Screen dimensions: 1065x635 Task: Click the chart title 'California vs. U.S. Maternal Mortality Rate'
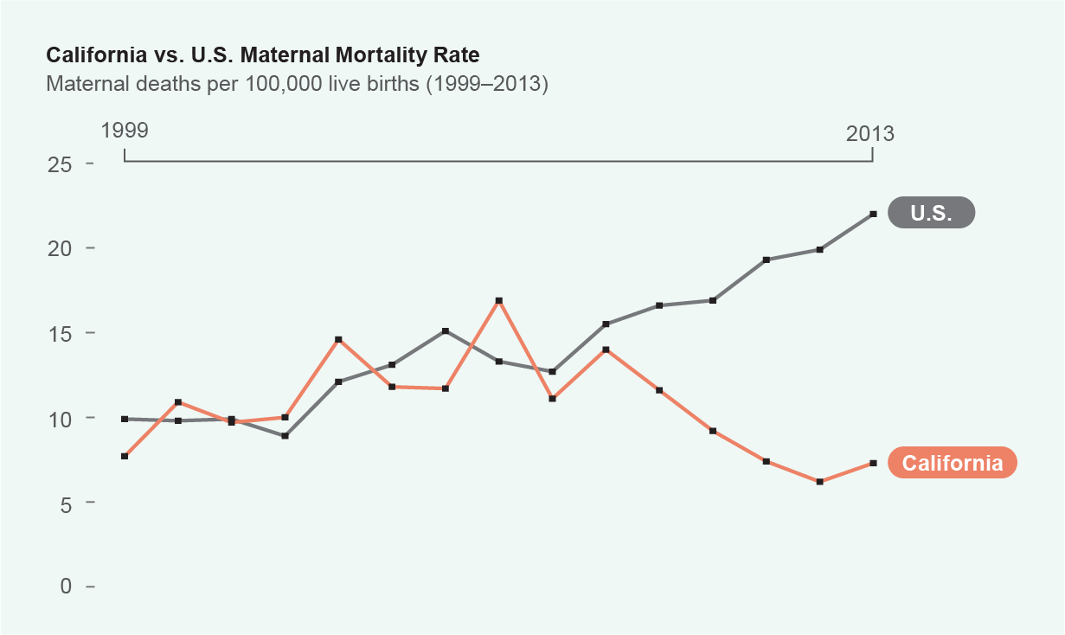tap(262, 55)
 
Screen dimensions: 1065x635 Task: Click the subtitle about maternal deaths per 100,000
tap(297, 84)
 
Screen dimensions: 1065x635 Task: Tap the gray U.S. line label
tap(932, 213)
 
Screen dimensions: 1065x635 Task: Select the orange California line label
tap(953, 463)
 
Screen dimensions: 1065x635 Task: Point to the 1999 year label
tap(125, 131)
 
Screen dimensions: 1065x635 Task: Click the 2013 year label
tap(870, 133)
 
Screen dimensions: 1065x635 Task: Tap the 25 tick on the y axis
tap(60, 165)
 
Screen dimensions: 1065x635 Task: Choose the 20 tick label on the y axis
tap(60, 248)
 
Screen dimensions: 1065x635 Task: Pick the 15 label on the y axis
tap(60, 334)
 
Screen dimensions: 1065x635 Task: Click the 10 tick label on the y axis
tap(60, 420)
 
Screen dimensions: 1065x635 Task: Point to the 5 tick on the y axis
tap(66, 504)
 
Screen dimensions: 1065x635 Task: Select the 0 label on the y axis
tap(66, 586)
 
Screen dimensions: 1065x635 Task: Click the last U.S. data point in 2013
tap(874, 215)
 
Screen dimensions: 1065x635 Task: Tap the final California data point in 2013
tap(874, 464)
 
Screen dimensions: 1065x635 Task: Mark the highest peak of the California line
tap(498, 301)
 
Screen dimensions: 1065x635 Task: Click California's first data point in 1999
tap(125, 456)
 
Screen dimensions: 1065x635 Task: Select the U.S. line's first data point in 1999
tap(125, 420)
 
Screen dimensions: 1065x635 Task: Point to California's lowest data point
tap(819, 482)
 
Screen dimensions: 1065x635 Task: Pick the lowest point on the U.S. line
tap(285, 436)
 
